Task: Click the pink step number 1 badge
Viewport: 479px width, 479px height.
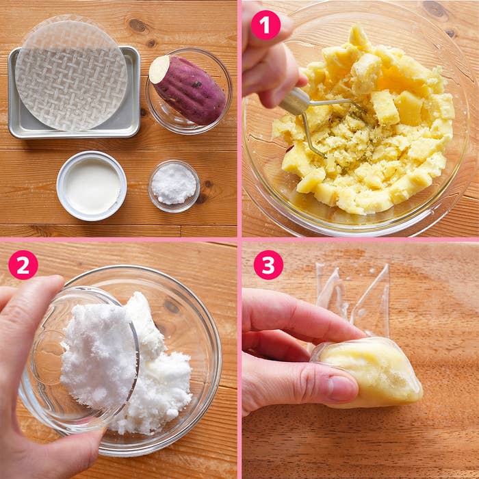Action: pos(266,25)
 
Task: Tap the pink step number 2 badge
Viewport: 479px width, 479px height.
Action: pos(23,265)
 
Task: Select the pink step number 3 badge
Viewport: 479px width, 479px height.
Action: pos(268,265)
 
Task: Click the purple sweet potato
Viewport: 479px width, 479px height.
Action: pos(188,90)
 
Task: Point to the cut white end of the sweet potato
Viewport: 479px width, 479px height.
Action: pos(159,69)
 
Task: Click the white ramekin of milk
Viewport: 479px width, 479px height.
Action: pos(91,185)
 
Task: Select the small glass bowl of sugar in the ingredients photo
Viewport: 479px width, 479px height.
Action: pos(174,186)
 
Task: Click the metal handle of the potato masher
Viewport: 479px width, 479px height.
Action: pos(294,101)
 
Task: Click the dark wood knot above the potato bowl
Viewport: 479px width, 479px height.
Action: pos(138,26)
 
